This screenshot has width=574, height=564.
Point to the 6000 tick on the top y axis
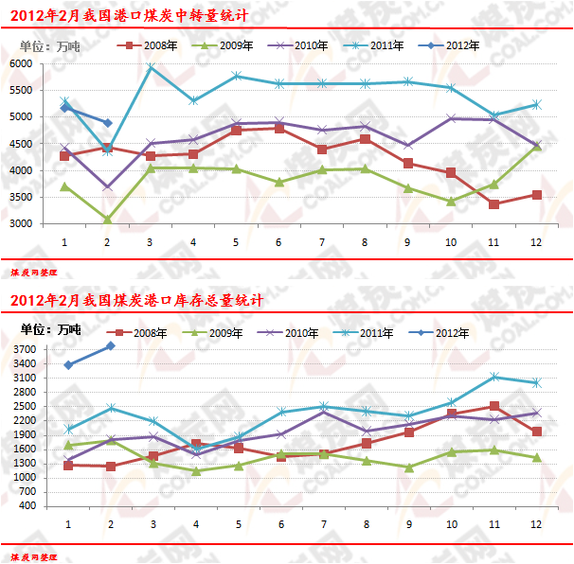pos(47,63)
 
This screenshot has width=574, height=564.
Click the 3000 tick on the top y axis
pos(47,224)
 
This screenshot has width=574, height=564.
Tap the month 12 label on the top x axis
pos(536,242)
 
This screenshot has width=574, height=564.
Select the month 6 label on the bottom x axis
pos(279,523)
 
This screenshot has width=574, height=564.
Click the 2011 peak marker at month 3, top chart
pos(151,67)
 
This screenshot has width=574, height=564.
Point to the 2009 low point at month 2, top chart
pos(107,220)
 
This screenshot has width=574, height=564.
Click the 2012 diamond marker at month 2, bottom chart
pos(111,346)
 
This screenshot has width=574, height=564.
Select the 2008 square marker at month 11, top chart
pos(493,204)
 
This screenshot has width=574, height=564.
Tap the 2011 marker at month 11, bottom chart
pos(493,377)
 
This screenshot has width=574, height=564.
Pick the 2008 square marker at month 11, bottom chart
pos(493,406)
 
